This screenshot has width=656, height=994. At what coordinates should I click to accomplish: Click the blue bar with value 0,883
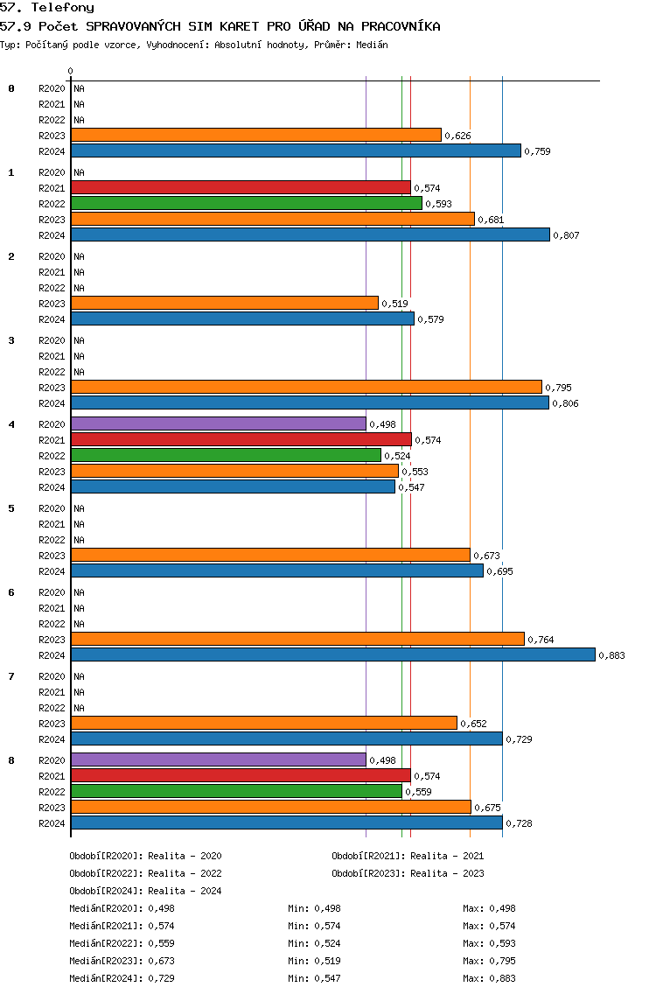333,654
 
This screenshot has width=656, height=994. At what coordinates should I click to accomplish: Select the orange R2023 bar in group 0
256,135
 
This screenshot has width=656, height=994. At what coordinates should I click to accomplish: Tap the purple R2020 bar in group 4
219,423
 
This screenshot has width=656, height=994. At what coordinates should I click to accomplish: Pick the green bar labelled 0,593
247,204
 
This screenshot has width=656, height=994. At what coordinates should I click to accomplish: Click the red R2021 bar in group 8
241,775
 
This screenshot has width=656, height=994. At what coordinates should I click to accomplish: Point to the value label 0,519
394,304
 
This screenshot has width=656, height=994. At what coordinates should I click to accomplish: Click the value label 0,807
566,235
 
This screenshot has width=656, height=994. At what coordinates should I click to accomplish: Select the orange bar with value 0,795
307,388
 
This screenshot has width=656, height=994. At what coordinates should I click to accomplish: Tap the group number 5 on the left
11,508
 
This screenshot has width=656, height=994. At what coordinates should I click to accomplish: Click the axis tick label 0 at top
70,71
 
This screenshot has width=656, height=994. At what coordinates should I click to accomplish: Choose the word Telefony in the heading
63,8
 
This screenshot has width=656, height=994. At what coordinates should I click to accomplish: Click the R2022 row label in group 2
52,288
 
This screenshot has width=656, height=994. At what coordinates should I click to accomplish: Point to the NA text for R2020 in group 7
80,676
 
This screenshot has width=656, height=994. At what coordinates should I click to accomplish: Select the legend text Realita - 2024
185,891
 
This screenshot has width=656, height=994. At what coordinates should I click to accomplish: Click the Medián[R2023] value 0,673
161,961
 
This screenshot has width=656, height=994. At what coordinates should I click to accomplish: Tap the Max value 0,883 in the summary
503,978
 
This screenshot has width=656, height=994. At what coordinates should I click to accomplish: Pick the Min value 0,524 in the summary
327,943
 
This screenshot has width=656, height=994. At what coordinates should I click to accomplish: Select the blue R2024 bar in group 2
243,318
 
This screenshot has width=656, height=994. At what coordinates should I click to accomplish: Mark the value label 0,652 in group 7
473,724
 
